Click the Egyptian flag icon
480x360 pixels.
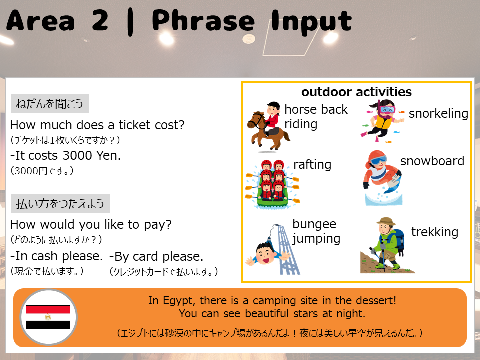click(48, 317)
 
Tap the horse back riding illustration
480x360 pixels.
click(268, 127)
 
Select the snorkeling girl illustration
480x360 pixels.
click(382, 121)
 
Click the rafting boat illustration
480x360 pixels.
click(272, 184)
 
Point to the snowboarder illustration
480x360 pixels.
click(382, 177)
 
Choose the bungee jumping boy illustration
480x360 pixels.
click(272, 249)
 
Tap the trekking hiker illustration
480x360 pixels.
click(386, 245)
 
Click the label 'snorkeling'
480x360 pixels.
click(438, 114)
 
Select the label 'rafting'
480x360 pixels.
click(312, 165)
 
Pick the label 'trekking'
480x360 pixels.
click(435, 232)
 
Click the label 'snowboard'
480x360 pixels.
click(432, 161)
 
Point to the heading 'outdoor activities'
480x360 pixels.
click(356, 92)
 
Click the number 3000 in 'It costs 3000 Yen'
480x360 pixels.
click(77, 156)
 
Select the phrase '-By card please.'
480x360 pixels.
click(156, 257)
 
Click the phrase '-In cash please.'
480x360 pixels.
click(56, 256)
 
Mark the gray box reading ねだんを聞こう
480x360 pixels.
click(50, 104)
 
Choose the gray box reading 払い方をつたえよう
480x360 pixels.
click(60, 203)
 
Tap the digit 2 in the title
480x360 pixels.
click(100, 20)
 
